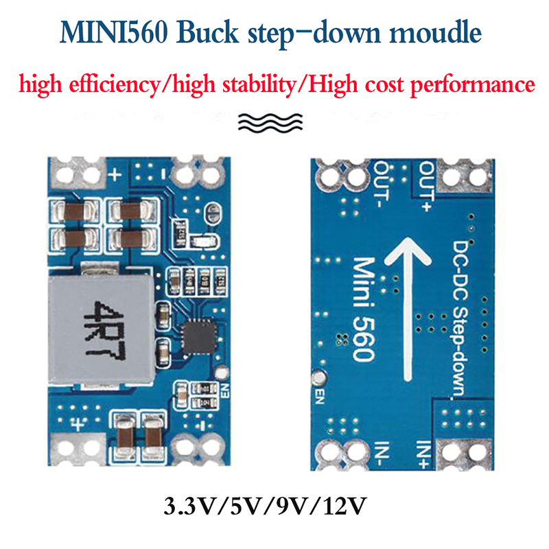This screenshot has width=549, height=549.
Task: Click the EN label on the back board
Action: tap(320, 397)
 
